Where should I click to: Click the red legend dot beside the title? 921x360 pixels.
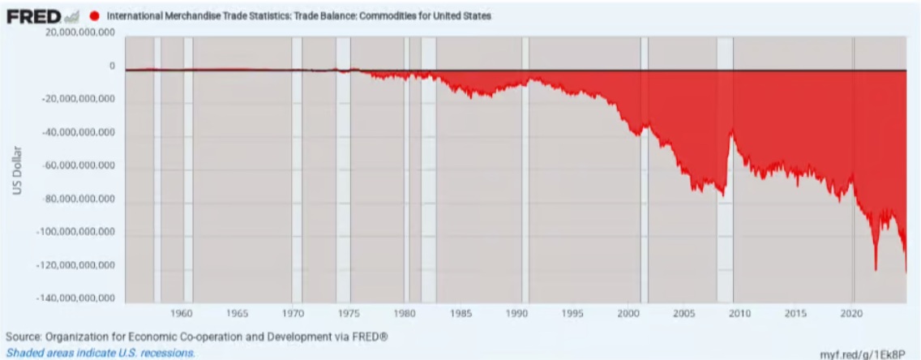(x=95, y=15)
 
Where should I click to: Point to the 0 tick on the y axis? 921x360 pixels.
(x=112, y=66)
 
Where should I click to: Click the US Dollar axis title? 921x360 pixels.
(x=15, y=171)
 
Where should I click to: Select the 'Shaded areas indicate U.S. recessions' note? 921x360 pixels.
(x=101, y=354)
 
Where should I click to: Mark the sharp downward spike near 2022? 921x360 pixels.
(x=876, y=268)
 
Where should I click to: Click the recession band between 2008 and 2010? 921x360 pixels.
(x=725, y=170)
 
